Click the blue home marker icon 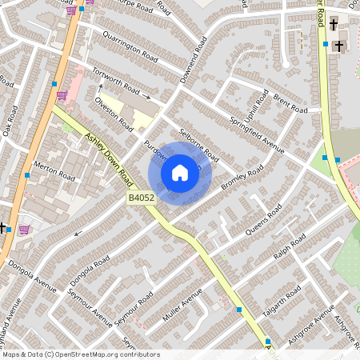[x=180, y=173]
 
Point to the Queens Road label [x=262, y=220]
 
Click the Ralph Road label [x=289, y=246]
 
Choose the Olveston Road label [x=114, y=113]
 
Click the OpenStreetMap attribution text [x=80, y=354]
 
